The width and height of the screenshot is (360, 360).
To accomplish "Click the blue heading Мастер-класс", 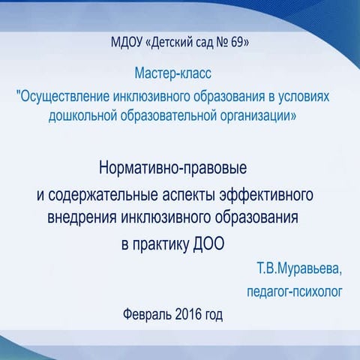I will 175,75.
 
